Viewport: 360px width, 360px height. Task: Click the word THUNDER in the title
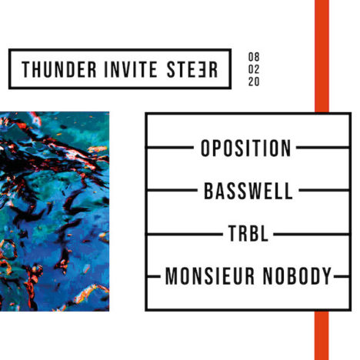pos(59,69)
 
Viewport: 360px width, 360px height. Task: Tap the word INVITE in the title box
pos(131,69)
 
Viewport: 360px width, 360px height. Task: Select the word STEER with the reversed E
pos(192,69)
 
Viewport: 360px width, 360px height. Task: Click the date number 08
pos(254,57)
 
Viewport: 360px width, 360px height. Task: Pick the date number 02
pos(254,69)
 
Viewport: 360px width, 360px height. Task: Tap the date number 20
pos(254,82)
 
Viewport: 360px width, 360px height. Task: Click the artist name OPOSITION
pos(245,148)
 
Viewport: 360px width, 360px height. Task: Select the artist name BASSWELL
pos(248,191)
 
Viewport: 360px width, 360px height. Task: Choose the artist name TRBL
pos(248,233)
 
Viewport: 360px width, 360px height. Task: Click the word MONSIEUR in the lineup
pos(210,276)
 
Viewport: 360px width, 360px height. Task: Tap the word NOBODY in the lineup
pos(298,276)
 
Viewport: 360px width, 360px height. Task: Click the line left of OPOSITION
pos(170,148)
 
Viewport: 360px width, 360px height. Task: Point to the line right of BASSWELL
pos(325,190)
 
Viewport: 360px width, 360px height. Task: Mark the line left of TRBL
pos(185,235)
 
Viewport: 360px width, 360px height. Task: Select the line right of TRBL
pos(312,235)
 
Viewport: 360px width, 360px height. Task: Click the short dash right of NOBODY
pos(342,276)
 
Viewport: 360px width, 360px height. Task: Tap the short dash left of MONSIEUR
pos(153,276)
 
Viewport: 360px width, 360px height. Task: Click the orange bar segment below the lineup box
pos(322,335)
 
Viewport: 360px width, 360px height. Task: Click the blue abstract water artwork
pos(55,212)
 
